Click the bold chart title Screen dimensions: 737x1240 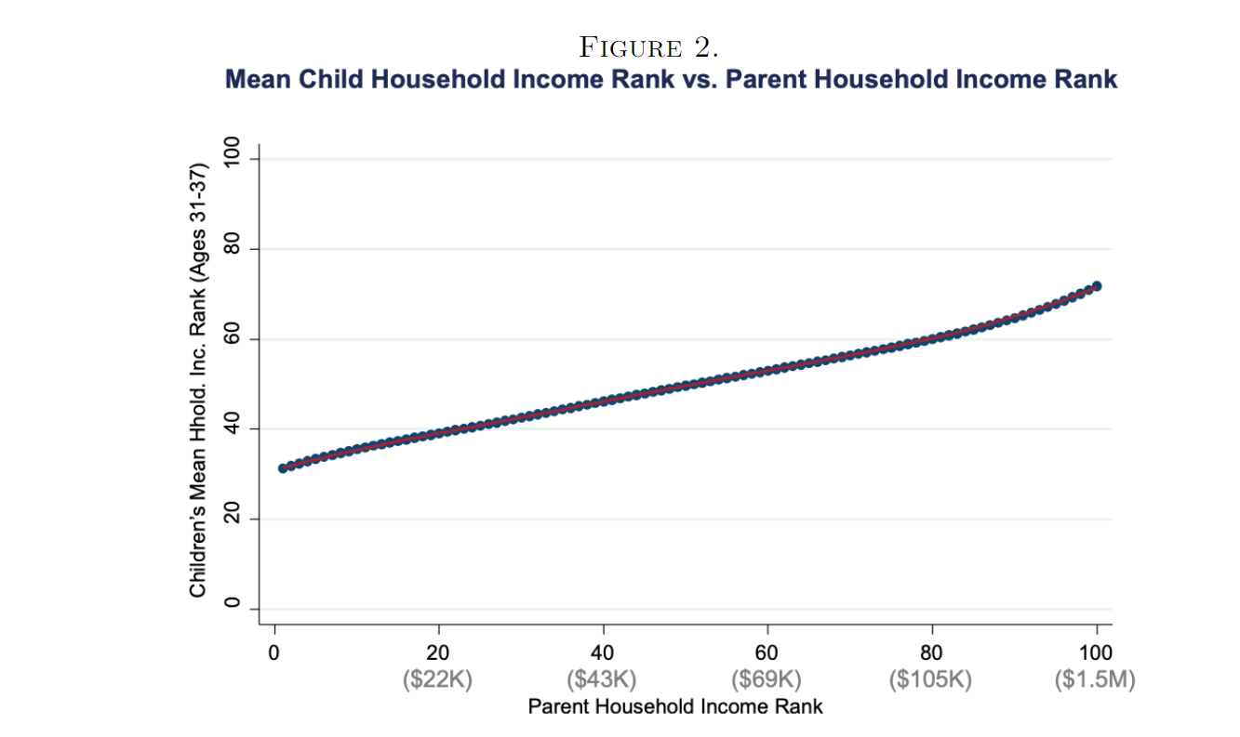[671, 79]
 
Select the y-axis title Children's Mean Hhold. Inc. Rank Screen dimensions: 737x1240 [197, 381]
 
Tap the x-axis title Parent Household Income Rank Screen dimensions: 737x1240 [675, 706]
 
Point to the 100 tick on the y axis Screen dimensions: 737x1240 [233, 160]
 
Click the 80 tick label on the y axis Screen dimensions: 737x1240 [233, 249]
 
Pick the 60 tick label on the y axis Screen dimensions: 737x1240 [233, 339]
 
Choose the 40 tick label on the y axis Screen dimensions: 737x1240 [233, 428]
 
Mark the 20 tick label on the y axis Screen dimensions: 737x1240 [233, 519]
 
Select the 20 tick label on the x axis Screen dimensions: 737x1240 [438, 652]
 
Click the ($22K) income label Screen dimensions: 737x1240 [438, 680]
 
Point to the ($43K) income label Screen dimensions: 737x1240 [603, 680]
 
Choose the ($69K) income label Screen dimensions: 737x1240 [767, 680]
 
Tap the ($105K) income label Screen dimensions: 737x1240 [931, 680]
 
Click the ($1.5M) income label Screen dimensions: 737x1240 [1096, 680]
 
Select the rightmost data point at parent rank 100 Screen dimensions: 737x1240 [1097, 286]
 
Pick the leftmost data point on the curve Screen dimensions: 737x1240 [283, 468]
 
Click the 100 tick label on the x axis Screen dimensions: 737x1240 [1097, 652]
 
